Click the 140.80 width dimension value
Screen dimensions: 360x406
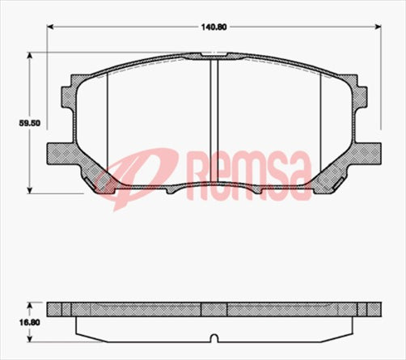214,27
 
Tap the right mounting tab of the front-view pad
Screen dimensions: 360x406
368,152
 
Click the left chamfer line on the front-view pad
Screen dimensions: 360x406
107,121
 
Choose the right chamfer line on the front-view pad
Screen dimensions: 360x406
321,121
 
